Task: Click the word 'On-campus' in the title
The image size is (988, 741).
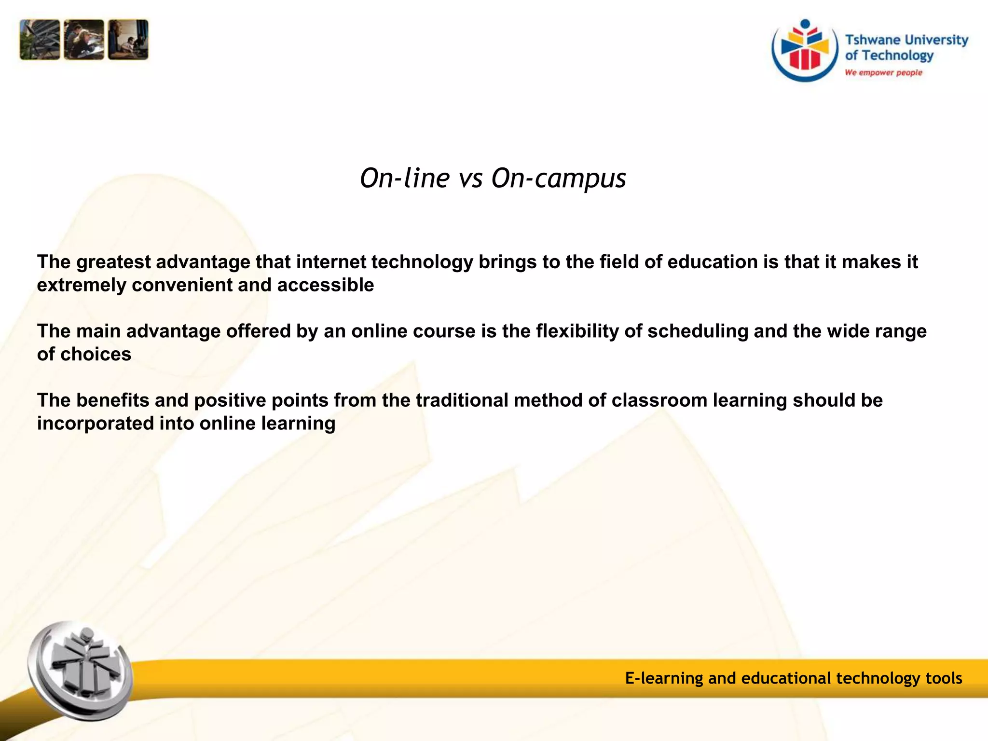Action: pyautogui.click(x=559, y=178)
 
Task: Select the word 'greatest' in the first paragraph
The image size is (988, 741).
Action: pyautogui.click(x=113, y=262)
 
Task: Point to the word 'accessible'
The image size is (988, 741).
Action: pyautogui.click(x=326, y=285)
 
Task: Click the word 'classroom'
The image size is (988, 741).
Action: pyautogui.click(x=659, y=400)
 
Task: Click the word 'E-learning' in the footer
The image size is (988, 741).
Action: pyautogui.click(x=664, y=678)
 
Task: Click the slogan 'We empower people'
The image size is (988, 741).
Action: pyautogui.click(x=883, y=73)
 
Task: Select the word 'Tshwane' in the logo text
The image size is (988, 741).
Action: pyautogui.click(x=873, y=40)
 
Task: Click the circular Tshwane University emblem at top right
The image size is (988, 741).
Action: pyautogui.click(x=805, y=51)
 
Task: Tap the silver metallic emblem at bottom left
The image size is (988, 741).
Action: pyautogui.click(x=81, y=671)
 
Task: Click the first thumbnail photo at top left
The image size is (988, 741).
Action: pyautogui.click(x=40, y=40)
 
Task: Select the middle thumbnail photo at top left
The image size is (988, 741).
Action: pyautogui.click(x=84, y=40)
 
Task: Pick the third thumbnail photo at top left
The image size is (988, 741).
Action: pyautogui.click(x=128, y=40)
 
